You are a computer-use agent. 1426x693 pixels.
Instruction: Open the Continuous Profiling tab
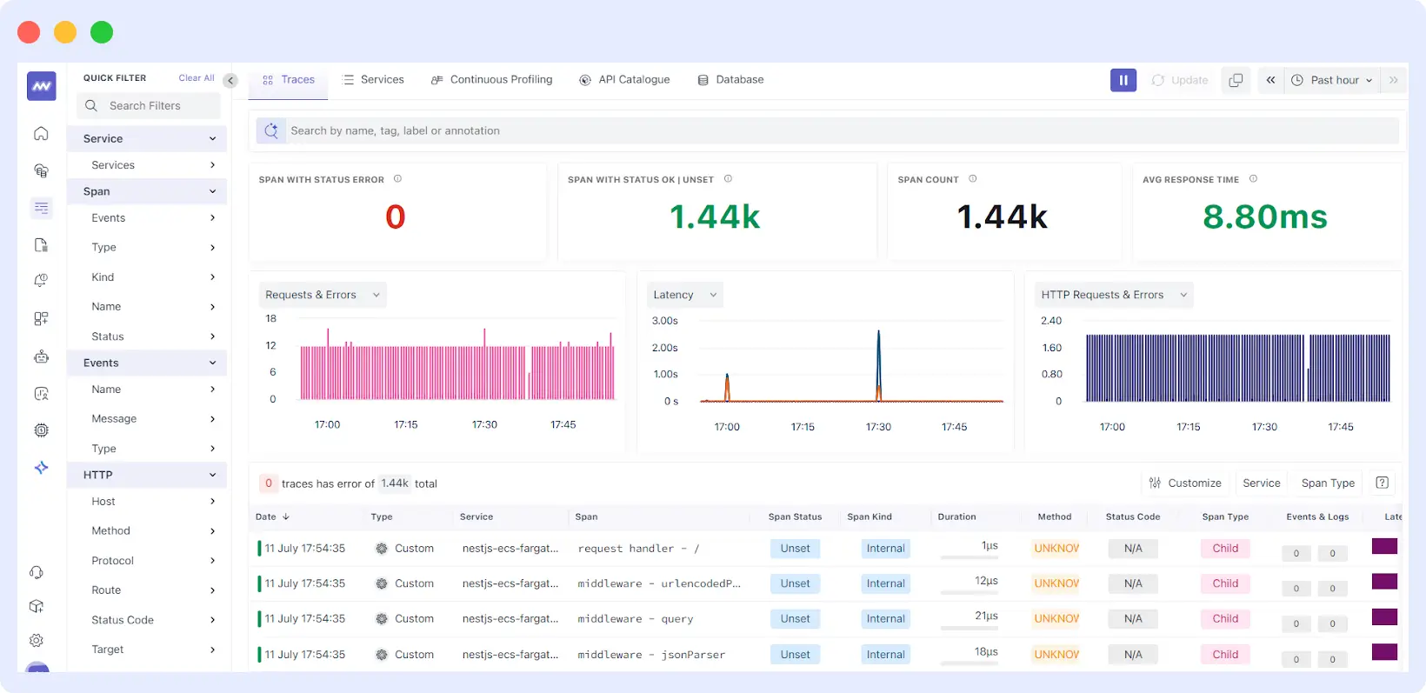(x=492, y=79)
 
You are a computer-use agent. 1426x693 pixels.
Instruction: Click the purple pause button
(x=1123, y=80)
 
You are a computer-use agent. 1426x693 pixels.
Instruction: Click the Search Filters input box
(x=149, y=106)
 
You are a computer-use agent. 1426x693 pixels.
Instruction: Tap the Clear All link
(x=196, y=78)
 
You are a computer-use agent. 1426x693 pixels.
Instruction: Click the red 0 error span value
(x=396, y=217)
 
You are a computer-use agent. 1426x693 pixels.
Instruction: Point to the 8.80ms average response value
(x=1264, y=217)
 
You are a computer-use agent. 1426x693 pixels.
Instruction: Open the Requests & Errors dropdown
(x=322, y=295)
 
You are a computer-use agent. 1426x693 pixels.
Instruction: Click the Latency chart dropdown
(x=684, y=295)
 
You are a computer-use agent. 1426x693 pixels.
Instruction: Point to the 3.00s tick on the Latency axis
(x=664, y=321)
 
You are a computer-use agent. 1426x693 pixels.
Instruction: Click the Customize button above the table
(x=1184, y=483)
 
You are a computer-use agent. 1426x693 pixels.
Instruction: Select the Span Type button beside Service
(x=1327, y=483)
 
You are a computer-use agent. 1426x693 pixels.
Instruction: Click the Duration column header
(x=956, y=516)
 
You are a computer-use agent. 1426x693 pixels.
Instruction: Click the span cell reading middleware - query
(x=635, y=619)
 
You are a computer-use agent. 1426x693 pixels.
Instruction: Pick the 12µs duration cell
(x=986, y=581)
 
